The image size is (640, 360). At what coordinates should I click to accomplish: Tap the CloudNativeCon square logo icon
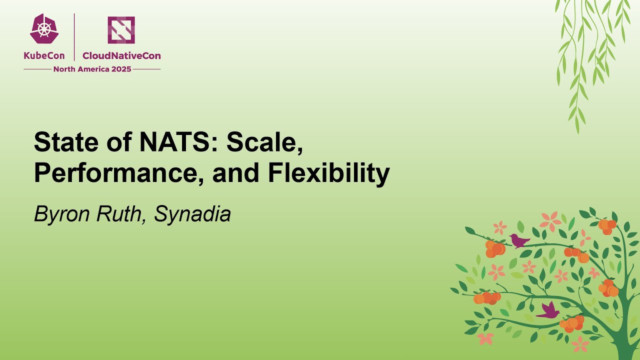click(x=121, y=30)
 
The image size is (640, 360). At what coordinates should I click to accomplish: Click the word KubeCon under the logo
click(x=44, y=56)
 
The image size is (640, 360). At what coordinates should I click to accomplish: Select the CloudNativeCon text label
click(x=121, y=56)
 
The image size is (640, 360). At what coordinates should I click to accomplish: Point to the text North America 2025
click(x=92, y=69)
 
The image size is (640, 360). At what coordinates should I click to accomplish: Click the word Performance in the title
click(x=119, y=173)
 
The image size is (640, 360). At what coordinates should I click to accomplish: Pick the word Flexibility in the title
click(x=328, y=173)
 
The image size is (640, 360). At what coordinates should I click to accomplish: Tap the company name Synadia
click(x=192, y=214)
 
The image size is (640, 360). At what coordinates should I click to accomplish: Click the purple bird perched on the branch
click(x=519, y=241)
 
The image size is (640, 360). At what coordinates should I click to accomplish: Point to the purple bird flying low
click(x=548, y=311)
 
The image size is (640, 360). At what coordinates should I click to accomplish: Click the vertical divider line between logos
click(x=74, y=37)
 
